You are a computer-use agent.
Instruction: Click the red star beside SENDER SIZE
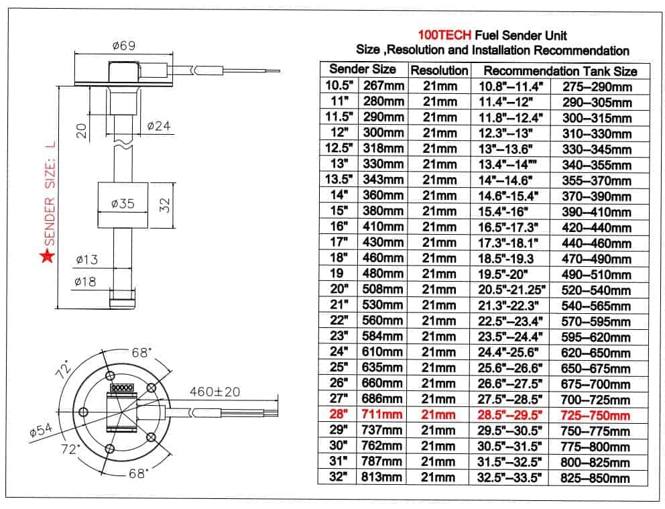(46, 256)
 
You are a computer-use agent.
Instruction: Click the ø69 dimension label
(125, 46)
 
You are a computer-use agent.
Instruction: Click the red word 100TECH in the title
(444, 35)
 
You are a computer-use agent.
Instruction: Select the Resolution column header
(439, 70)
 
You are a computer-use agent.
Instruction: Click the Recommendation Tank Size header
(560, 70)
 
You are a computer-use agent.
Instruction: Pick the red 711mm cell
(383, 415)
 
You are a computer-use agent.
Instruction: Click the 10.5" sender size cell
(339, 86)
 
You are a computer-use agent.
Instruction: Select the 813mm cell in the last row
(383, 477)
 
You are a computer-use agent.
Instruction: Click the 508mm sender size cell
(383, 290)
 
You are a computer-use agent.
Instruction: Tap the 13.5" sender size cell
(339, 179)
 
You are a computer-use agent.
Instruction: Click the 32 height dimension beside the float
(168, 205)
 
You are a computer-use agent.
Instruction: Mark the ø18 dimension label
(86, 282)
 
